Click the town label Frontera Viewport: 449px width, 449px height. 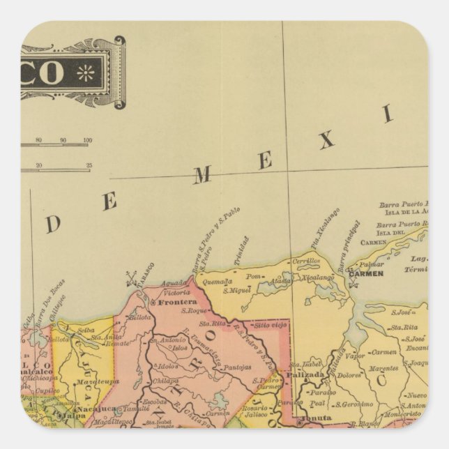pyautogui.click(x=176, y=305)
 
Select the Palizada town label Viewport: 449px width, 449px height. pyautogui.click(x=305, y=374)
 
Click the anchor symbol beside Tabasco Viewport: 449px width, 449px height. pyautogui.click(x=129, y=279)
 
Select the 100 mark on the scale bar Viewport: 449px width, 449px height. pyautogui.click(x=86, y=142)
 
